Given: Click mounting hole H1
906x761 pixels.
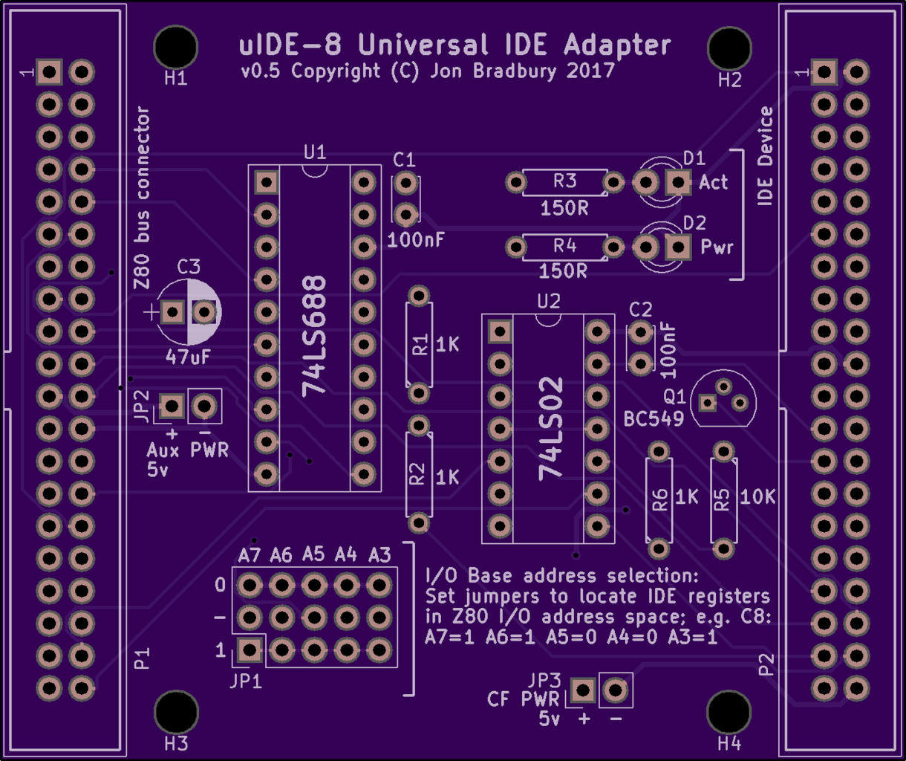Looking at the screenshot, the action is click(176, 47).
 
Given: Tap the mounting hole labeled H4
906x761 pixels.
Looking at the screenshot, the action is click(729, 713).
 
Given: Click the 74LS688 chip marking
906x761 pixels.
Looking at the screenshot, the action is click(314, 337).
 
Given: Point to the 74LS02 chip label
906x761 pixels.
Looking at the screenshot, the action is click(551, 429).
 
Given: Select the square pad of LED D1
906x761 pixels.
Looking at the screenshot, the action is click(678, 182).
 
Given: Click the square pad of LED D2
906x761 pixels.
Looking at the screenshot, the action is click(678, 247).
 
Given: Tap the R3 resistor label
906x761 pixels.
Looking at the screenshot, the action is click(564, 181).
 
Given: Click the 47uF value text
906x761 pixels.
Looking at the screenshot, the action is click(188, 357).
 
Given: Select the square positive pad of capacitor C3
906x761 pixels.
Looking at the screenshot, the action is click(173, 312).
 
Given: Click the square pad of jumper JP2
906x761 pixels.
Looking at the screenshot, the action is click(172, 406).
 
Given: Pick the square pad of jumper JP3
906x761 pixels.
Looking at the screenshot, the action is click(582, 690).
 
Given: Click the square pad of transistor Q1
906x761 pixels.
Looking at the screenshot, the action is click(707, 403).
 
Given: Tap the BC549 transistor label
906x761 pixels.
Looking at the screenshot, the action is click(654, 418).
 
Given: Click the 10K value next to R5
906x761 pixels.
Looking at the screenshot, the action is click(757, 497).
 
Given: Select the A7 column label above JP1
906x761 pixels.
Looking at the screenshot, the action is click(249, 554).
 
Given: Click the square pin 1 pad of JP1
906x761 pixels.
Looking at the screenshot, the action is click(250, 650).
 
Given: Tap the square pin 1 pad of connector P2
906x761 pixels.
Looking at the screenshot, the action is click(824, 72).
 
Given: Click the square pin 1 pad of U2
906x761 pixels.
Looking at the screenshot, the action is click(500, 332).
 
